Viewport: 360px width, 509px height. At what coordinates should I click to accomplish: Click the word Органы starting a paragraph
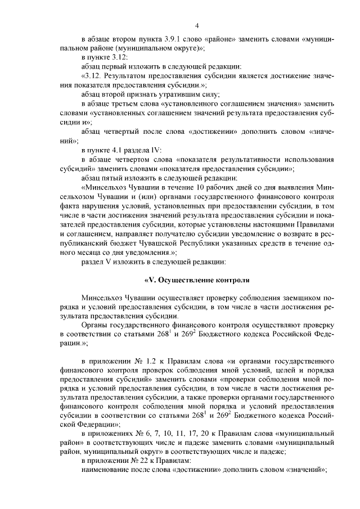click(x=94, y=326)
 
